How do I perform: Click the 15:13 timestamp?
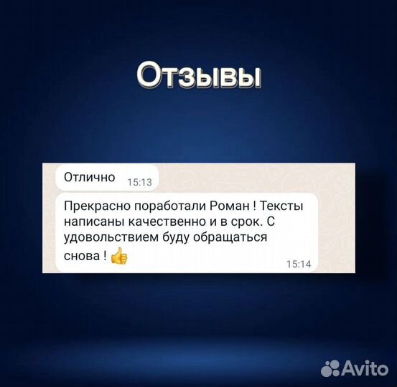pyautogui.click(x=139, y=183)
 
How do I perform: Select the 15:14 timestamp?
pyautogui.click(x=298, y=264)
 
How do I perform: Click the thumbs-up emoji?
pyautogui.click(x=118, y=255)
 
